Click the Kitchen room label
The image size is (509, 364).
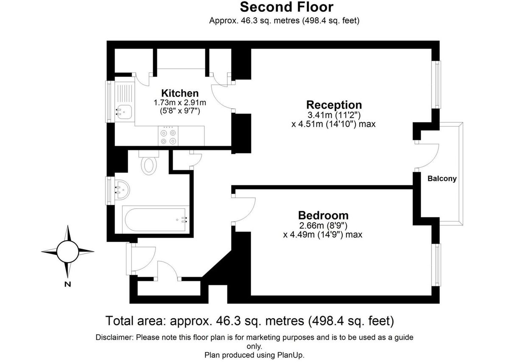[x=180, y=93]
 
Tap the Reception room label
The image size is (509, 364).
[x=334, y=105]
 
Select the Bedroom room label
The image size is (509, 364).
[x=323, y=216]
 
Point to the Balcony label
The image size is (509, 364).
[x=442, y=179]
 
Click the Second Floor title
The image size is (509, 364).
[x=286, y=7]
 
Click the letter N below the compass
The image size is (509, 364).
[x=67, y=284]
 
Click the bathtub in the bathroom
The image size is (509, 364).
[x=154, y=219]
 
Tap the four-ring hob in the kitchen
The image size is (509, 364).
[x=167, y=137]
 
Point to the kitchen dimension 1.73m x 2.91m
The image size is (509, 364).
[x=180, y=103]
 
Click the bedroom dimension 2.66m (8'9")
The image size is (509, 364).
[x=323, y=226]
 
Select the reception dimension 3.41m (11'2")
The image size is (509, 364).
[x=334, y=115]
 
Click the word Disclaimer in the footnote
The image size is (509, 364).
[x=115, y=338]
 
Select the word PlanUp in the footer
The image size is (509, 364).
[x=292, y=355]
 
